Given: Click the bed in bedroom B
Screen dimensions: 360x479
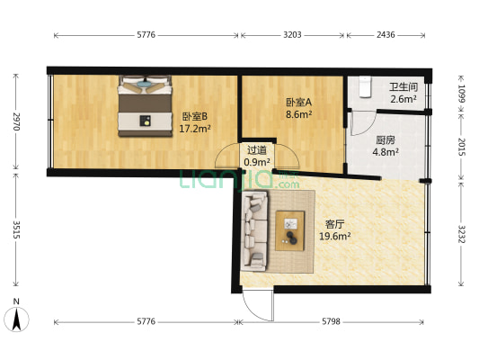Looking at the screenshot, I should pyautogui.click(x=144, y=105).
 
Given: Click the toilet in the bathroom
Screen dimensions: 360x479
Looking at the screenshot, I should pyautogui.click(x=364, y=85).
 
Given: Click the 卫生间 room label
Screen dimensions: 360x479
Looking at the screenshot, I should pyautogui.click(x=403, y=87).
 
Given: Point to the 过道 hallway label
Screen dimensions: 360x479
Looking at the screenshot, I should pyautogui.click(x=258, y=150).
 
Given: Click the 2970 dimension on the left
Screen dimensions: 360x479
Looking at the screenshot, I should pyautogui.click(x=15, y=123).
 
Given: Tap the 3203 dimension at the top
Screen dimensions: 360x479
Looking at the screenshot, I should pyautogui.click(x=291, y=35).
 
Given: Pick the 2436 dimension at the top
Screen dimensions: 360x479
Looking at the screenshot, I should pyautogui.click(x=385, y=35).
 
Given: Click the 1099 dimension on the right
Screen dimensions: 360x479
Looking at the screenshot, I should pyautogui.click(x=462, y=92).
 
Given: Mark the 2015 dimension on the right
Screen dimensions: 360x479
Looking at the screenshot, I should pyautogui.click(x=462, y=146).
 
